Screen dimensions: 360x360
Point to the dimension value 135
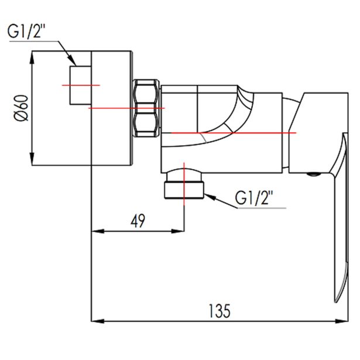(218, 310)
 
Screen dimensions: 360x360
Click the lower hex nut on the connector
(146, 124)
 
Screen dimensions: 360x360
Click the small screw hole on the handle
(314, 174)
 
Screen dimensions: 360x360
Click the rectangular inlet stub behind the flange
(80, 85)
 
